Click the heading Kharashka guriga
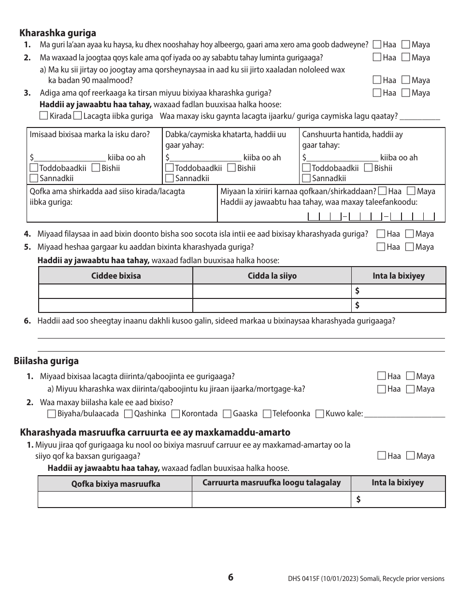57,33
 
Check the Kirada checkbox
44,116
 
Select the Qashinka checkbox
128,414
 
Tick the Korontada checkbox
175,414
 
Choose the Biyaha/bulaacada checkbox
52,414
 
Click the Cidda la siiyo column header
272,276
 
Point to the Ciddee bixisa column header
116,276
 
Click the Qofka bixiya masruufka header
115,483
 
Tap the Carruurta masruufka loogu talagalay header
272,482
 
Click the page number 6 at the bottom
230,577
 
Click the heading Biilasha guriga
46,361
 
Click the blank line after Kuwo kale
404,414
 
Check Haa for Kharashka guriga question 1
377,44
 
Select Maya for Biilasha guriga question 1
410,376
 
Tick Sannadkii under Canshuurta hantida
306,178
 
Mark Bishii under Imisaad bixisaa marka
95,168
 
